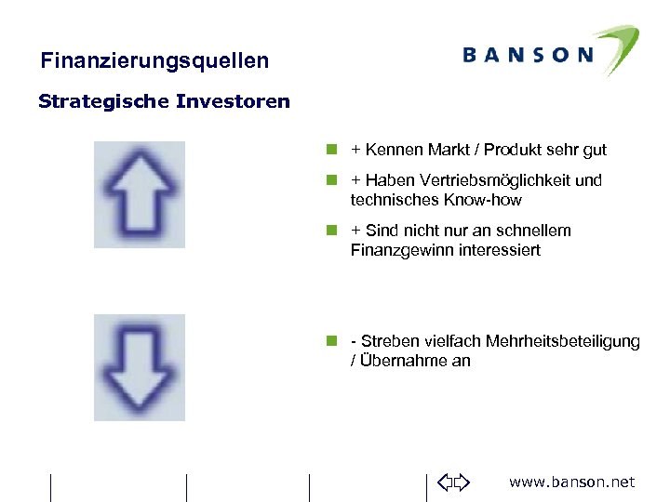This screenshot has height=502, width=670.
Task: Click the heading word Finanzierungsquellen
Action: (154, 61)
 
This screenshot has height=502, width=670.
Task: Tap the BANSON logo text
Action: (528, 55)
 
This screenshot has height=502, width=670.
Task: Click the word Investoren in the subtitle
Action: (232, 101)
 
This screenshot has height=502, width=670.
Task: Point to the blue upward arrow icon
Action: (140, 194)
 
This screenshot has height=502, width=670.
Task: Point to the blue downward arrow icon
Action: (140, 367)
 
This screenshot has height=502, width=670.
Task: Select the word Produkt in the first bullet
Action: (512, 150)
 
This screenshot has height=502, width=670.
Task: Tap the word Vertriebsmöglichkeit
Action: (490, 180)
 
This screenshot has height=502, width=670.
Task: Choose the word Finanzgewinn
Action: (402, 250)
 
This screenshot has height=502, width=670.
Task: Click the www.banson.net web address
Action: (571, 482)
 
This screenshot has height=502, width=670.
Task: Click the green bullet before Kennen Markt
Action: (330, 150)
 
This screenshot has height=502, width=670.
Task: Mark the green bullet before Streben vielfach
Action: (330, 341)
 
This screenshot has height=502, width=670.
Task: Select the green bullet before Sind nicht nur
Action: (330, 231)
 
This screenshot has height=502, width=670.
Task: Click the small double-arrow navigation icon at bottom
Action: (454, 482)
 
